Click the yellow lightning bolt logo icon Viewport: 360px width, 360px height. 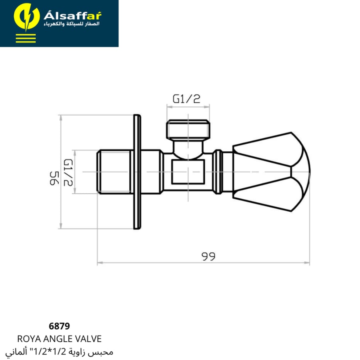[x=26, y=17]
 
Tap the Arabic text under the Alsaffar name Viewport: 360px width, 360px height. [x=72, y=24]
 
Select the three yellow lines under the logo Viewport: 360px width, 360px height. [x=26, y=38]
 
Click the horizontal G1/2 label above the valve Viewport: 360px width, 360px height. [x=186, y=99]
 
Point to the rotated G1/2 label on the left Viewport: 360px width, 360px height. [x=68, y=172]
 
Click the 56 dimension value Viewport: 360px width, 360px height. [x=54, y=178]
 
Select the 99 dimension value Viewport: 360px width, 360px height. [x=208, y=256]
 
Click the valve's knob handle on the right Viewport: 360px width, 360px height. [x=271, y=172]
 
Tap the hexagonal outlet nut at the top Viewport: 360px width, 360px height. [x=188, y=130]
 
